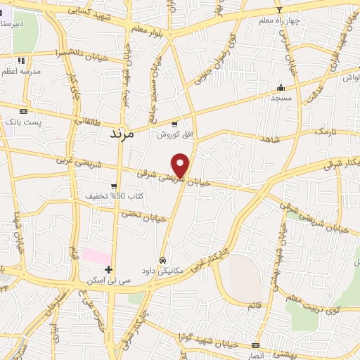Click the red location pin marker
coord(181,165)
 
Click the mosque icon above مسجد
coord(281,88)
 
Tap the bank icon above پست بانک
coord(23,111)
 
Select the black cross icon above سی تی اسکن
coord(108,269)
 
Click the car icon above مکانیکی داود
coord(163,259)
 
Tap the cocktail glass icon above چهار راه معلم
coord(279,10)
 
